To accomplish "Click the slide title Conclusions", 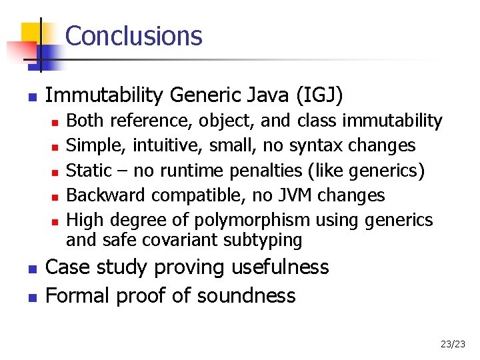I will (x=133, y=35).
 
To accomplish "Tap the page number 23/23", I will (x=453, y=344).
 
